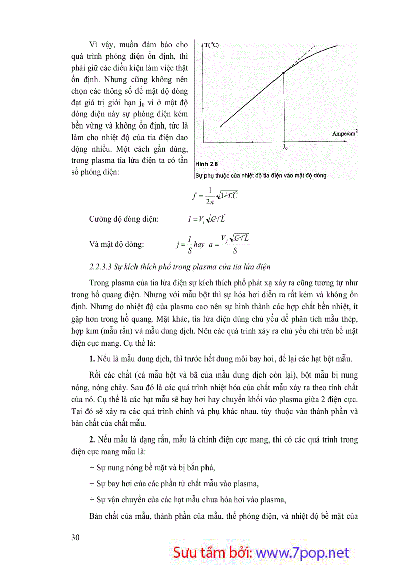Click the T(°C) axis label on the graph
coord(211,45)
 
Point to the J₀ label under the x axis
coord(285,148)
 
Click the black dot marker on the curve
coord(284,73)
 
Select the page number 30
coord(75,537)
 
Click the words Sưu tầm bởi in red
coord(214,552)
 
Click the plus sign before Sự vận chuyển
coord(91,500)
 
